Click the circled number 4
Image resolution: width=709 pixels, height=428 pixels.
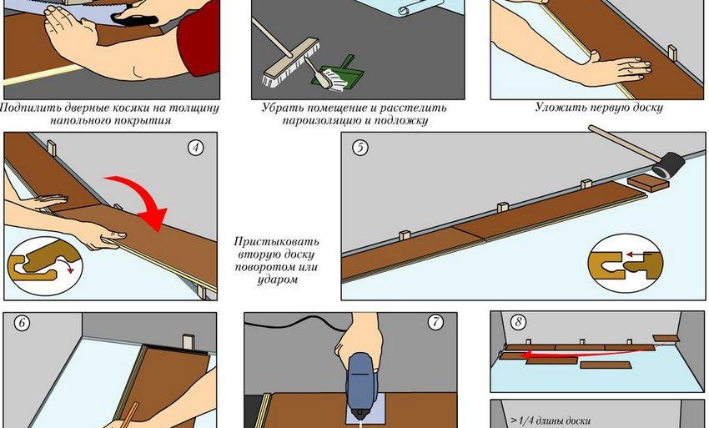click(x=195, y=148)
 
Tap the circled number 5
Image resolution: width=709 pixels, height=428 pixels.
click(x=360, y=148)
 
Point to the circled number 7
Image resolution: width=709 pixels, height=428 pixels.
click(x=435, y=322)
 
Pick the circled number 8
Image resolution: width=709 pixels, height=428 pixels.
click(x=518, y=322)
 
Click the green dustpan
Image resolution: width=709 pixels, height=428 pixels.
click(x=339, y=73)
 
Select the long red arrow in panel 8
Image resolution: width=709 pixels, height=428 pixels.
click(x=587, y=352)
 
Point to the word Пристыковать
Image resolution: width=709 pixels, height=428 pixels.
click(x=276, y=241)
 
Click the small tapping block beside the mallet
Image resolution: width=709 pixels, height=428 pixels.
click(x=647, y=183)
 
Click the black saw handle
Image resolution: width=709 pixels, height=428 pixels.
click(x=134, y=18)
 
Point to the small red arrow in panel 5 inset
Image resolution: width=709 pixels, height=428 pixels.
click(x=636, y=255)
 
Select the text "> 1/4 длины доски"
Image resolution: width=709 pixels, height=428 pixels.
click(x=551, y=420)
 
